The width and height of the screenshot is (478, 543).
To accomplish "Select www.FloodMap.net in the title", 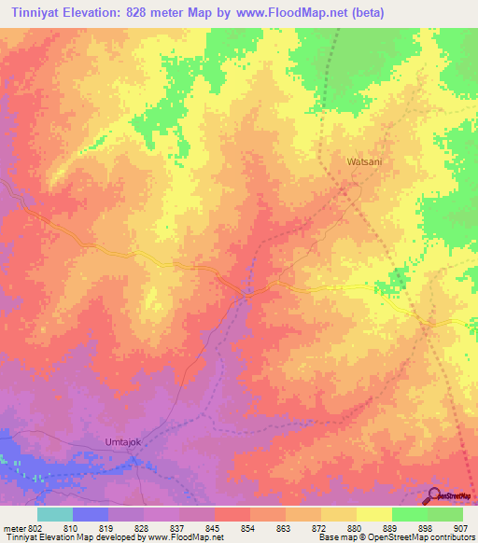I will tap(296, 13).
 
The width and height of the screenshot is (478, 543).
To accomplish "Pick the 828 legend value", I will tap(142, 528).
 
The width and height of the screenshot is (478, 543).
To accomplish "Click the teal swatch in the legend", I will tap(55, 514).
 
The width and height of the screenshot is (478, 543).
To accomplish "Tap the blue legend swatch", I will tap(91, 514).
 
